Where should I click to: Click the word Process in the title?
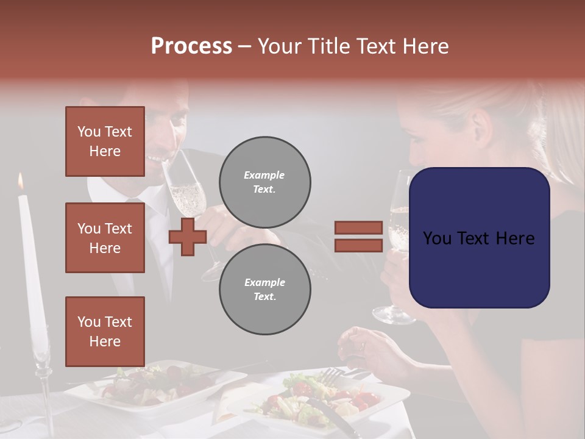191,46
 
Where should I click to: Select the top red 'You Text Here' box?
105,141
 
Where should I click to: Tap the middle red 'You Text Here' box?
105,238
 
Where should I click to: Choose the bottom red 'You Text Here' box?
105,331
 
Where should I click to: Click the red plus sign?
188,237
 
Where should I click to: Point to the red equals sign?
358,237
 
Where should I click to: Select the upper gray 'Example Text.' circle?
264,182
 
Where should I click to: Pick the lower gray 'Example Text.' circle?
264,290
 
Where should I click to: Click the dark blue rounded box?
479,238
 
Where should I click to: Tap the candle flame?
21,180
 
